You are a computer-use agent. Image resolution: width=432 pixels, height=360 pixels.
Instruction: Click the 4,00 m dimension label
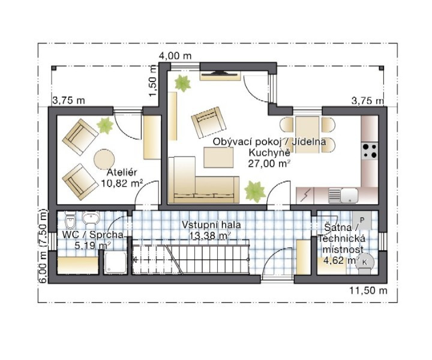[x=175, y=56]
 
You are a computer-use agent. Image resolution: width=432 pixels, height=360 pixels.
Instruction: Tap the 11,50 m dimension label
[x=368, y=290]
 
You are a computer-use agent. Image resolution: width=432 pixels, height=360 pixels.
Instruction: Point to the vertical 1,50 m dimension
[x=152, y=81]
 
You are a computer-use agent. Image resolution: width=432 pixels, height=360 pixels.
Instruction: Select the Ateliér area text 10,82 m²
[x=122, y=183]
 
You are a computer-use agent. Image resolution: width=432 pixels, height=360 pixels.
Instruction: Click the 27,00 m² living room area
[x=269, y=164]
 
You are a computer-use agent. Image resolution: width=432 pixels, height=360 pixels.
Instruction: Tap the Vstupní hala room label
[x=211, y=225]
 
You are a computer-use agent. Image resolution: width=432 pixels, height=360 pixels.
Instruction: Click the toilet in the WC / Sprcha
[x=70, y=218]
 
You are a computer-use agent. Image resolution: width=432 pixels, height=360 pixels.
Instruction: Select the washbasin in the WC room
[x=91, y=218]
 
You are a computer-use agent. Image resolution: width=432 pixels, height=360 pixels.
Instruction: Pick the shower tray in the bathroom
[x=115, y=263]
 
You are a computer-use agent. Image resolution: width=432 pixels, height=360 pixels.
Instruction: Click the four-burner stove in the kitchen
[x=370, y=151]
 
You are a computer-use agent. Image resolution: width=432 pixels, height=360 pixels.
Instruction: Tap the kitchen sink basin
[x=349, y=195]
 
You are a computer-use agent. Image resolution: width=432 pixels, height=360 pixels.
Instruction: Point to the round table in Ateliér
[x=104, y=159]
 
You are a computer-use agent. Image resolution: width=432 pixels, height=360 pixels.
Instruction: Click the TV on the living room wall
[x=220, y=74]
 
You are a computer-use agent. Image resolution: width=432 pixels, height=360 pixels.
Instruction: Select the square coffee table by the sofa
[x=218, y=157]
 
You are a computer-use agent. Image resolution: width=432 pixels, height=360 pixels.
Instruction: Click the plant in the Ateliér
[x=105, y=125]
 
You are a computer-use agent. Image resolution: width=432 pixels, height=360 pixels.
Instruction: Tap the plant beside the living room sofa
[x=255, y=191]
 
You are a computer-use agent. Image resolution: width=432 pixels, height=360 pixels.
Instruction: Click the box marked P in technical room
[x=362, y=220]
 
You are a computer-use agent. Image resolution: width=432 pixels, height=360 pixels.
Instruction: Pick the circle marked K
[x=364, y=262]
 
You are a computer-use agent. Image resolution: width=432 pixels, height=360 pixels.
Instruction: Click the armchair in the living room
[x=209, y=122]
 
